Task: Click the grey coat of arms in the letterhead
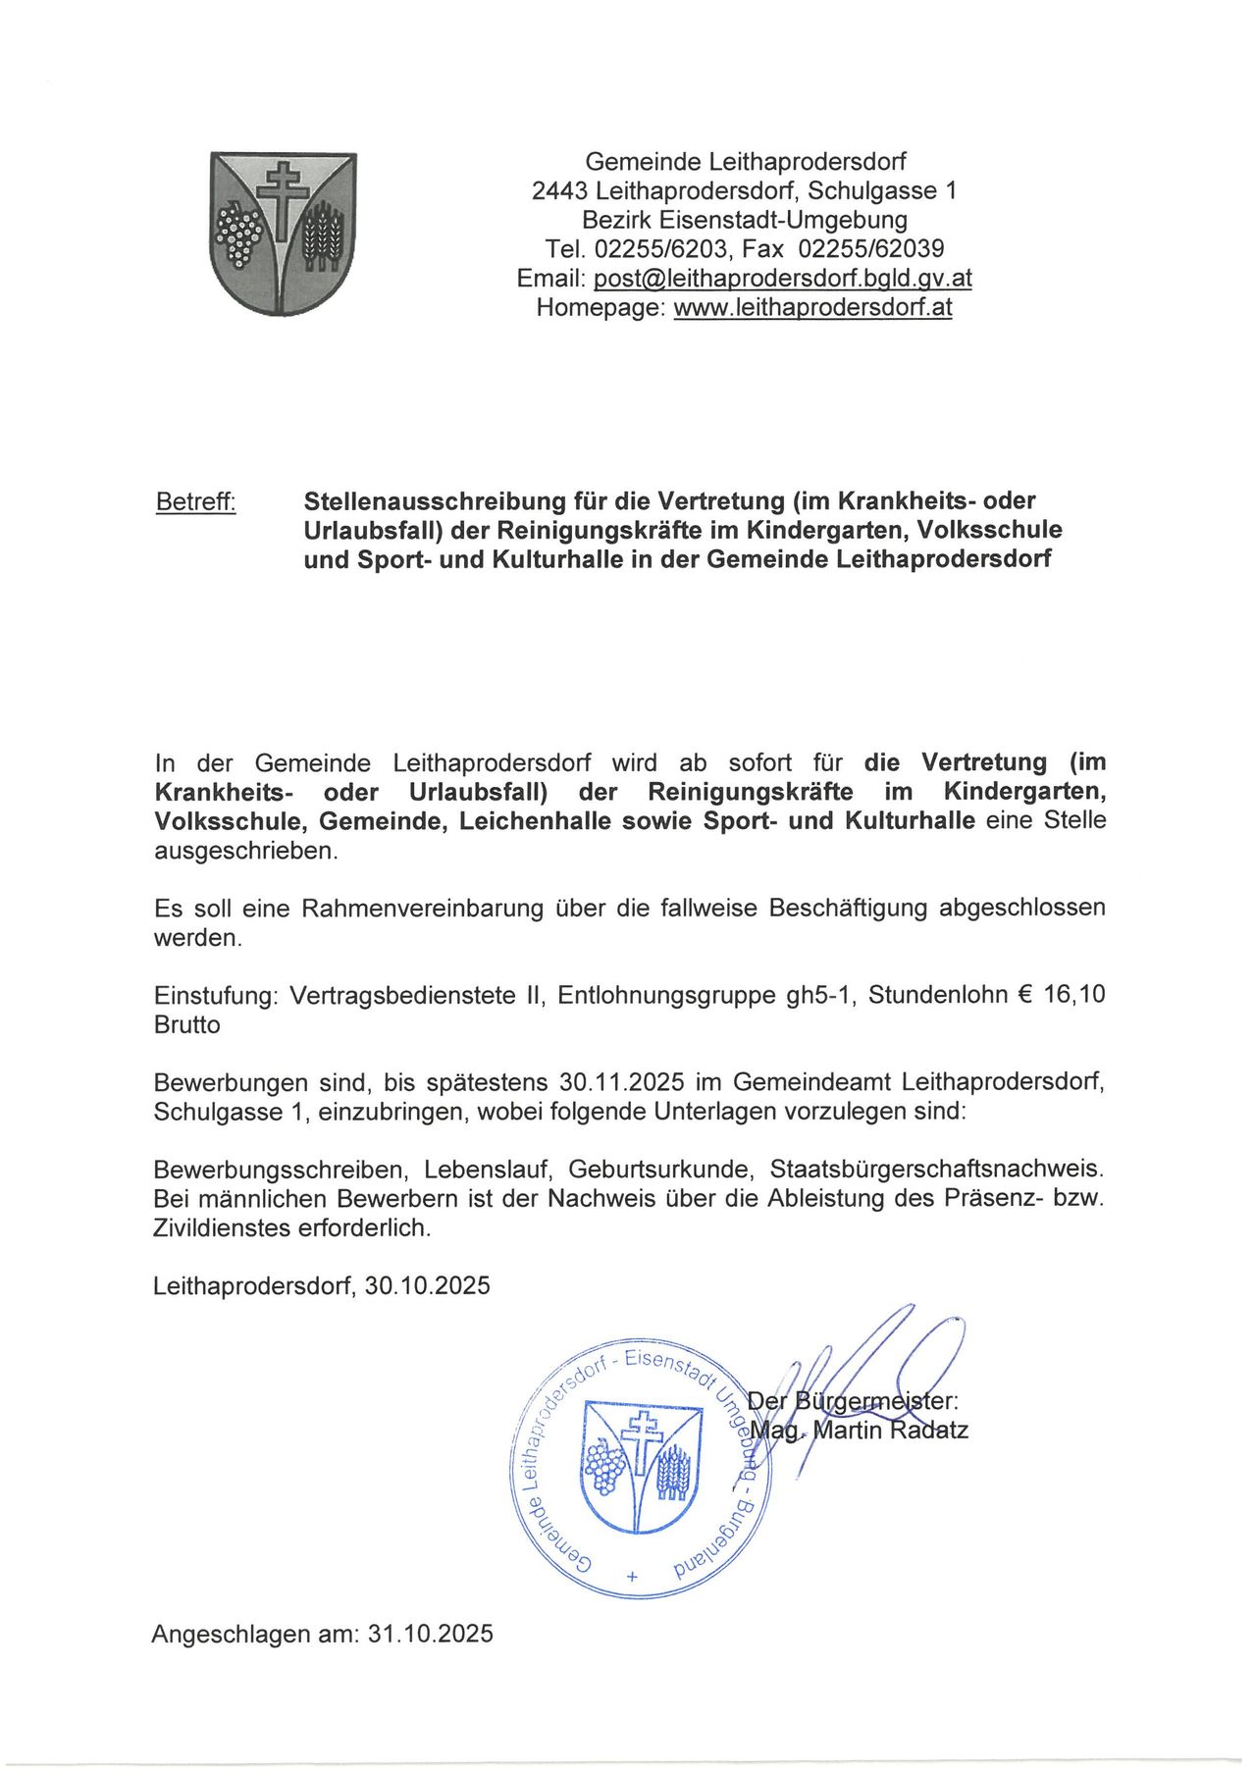pos(284,234)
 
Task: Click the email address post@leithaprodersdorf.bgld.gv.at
pos(782,279)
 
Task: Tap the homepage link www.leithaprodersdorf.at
pos(812,308)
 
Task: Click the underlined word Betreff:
pos(196,502)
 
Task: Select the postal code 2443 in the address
pos(559,190)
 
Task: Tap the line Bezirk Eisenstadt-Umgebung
pos(745,220)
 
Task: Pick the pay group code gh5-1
pos(822,996)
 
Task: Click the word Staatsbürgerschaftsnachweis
pos(937,1171)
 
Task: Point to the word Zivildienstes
pos(221,1228)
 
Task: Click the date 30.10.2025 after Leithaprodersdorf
pos(427,1286)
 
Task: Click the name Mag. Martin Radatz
pos(859,1431)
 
